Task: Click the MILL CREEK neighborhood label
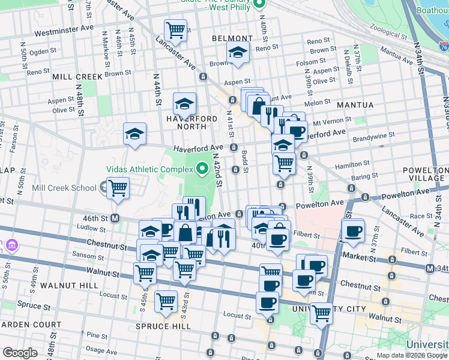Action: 77,77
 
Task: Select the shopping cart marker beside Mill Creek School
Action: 118,188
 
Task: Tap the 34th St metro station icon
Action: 430,268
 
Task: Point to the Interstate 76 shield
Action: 443,46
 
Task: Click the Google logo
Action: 20,353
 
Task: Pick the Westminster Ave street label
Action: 64,28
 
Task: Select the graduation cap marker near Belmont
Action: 238,53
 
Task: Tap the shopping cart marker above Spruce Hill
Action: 165,302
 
